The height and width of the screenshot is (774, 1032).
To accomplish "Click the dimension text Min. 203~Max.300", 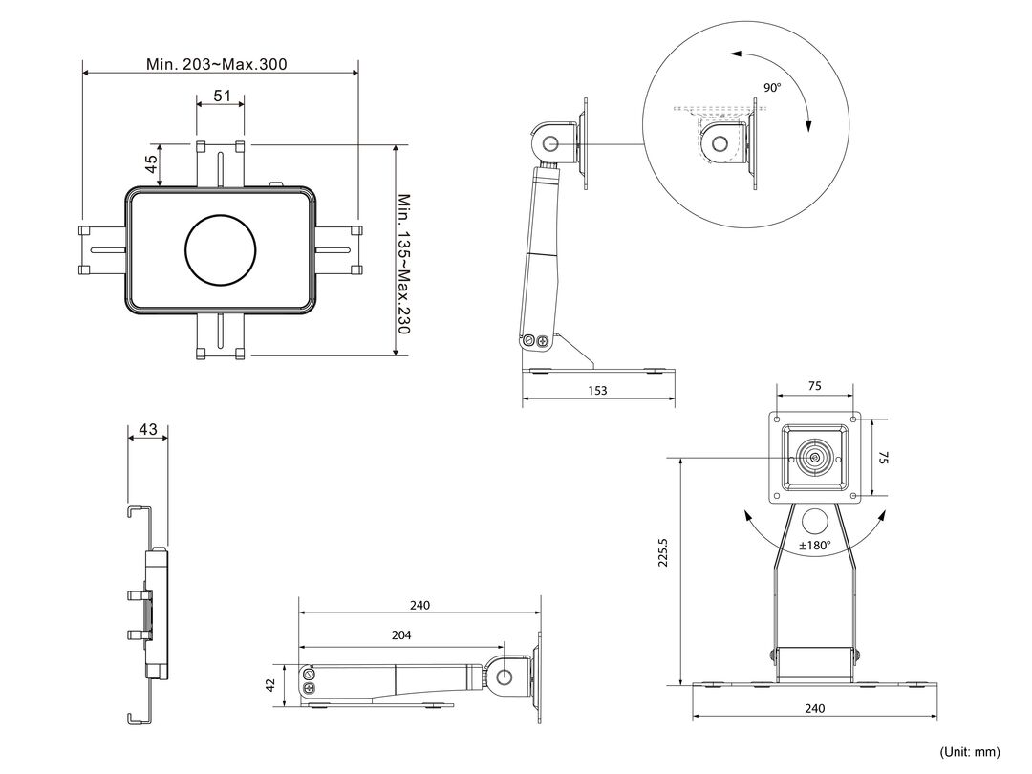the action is coord(217,64).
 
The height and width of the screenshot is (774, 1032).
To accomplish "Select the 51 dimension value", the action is coord(223,96).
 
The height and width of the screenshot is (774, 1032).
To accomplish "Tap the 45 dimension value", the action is coord(151,164).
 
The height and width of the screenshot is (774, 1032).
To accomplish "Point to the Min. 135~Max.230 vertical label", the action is coord(403,264).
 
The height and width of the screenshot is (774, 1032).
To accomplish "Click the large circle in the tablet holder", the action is coord(221,250).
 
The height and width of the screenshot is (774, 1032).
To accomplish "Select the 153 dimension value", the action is coord(597,390).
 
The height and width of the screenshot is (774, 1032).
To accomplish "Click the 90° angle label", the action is coord(772,88).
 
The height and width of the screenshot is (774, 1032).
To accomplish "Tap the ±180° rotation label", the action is coord(815,546).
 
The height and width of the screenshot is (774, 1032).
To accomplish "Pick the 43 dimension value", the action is coord(148,429).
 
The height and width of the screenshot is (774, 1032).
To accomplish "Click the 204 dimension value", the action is coord(400,635).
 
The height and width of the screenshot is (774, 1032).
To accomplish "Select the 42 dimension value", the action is coord(269,685).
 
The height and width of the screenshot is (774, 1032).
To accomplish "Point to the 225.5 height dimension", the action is coord(663,552).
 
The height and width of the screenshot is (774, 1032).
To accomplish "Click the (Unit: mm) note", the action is coord(970,752).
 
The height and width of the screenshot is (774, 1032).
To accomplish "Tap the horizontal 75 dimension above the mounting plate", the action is coord(815,386).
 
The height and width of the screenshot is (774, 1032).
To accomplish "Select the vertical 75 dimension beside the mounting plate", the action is coord(884,458).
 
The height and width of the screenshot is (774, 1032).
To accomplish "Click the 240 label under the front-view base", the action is coord(815,709).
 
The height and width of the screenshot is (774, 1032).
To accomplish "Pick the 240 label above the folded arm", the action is coord(419,606).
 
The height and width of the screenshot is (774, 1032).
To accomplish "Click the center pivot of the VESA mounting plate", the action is coord(815,458).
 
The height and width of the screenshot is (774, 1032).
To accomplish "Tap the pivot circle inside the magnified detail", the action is coord(720,142).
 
